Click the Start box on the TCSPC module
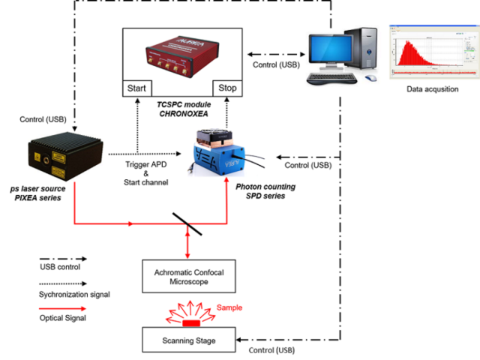point(136,88)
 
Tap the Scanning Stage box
point(189,340)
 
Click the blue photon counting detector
point(226,153)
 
